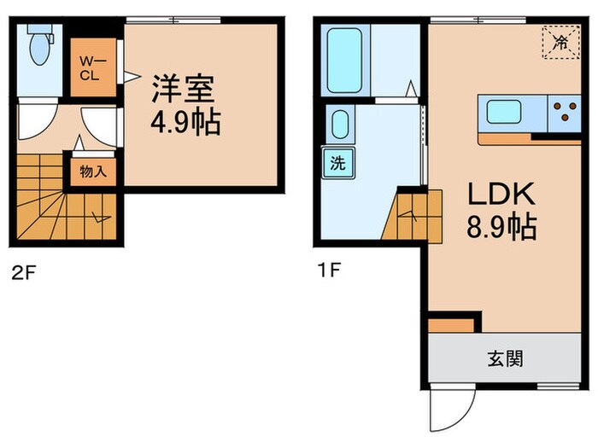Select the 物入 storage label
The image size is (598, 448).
pos(92,172)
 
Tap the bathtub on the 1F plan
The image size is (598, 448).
pos(344,61)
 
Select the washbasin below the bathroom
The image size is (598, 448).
pos(339,125)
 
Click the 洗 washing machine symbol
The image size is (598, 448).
pos(339,163)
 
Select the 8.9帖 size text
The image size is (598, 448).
pos(501,228)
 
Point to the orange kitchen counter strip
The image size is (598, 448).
pos(530,138)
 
